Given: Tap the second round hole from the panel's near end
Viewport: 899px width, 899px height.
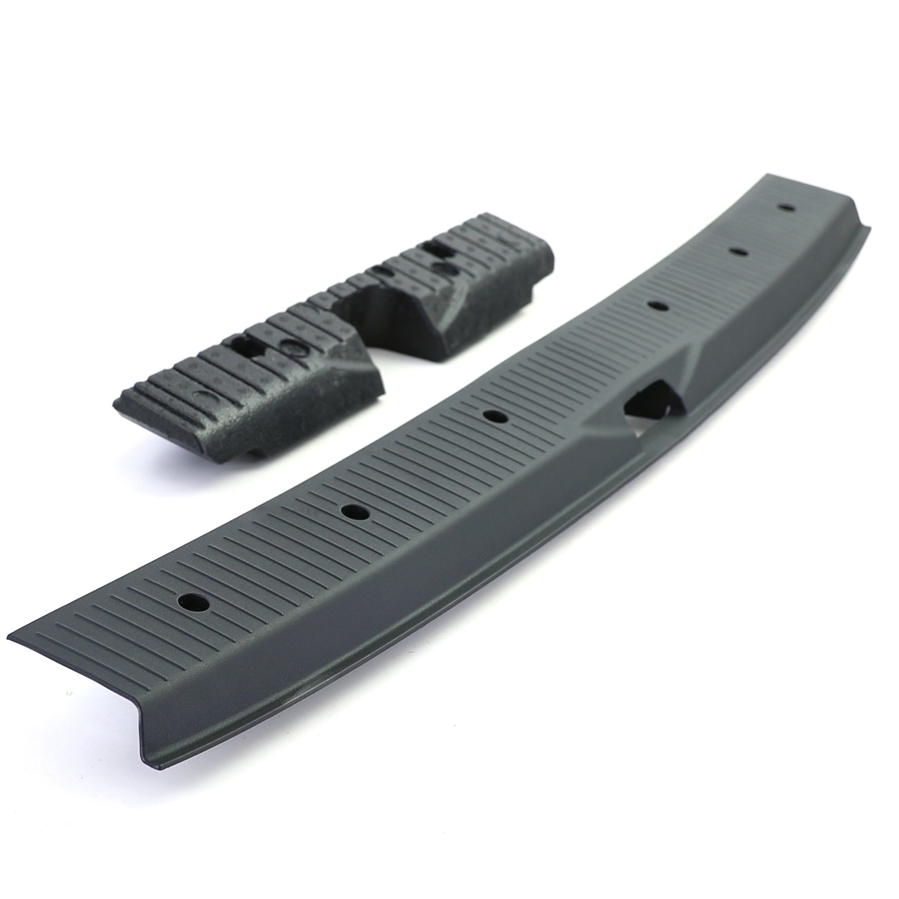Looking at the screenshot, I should coord(353,512).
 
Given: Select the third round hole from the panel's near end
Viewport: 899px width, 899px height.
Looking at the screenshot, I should coord(495,416).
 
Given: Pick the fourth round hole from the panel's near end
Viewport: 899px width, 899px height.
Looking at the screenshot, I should coord(657,305).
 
